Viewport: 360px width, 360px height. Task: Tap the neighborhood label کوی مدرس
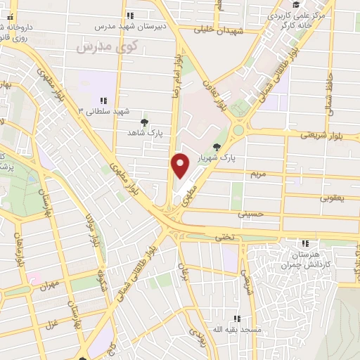(x=104, y=46)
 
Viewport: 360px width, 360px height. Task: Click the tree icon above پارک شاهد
(x=144, y=122)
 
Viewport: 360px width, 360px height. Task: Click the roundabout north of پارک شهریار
(x=239, y=129)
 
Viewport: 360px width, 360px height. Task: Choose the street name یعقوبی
(x=332, y=198)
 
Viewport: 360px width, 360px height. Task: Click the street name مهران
(x=48, y=285)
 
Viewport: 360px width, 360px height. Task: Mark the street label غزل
(x=51, y=325)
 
